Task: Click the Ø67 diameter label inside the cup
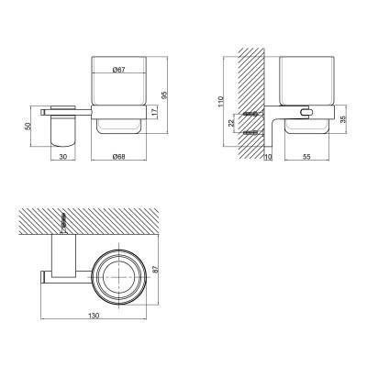point(118,70)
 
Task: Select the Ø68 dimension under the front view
point(118,156)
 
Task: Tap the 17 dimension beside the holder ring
point(155,111)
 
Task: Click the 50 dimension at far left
point(28,127)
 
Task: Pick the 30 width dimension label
point(62,156)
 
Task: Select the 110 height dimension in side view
point(221,102)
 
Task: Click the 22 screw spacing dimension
point(231,123)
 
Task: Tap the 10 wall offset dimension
point(268,157)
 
